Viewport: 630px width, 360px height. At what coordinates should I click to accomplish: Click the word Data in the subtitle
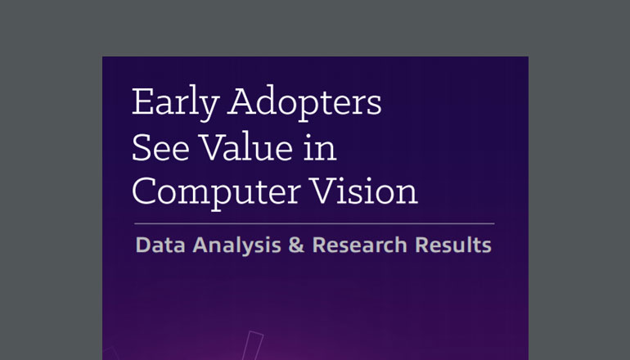[155, 244]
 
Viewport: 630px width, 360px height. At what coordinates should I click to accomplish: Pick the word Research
[344, 244]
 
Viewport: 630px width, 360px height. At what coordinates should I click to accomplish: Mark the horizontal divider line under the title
[313, 223]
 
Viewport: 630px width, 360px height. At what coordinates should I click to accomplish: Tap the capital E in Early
[141, 106]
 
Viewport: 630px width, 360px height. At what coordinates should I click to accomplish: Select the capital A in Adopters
[241, 106]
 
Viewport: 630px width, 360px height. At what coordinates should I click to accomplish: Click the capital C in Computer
[145, 191]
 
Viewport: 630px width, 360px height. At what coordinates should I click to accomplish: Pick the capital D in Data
[142, 244]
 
